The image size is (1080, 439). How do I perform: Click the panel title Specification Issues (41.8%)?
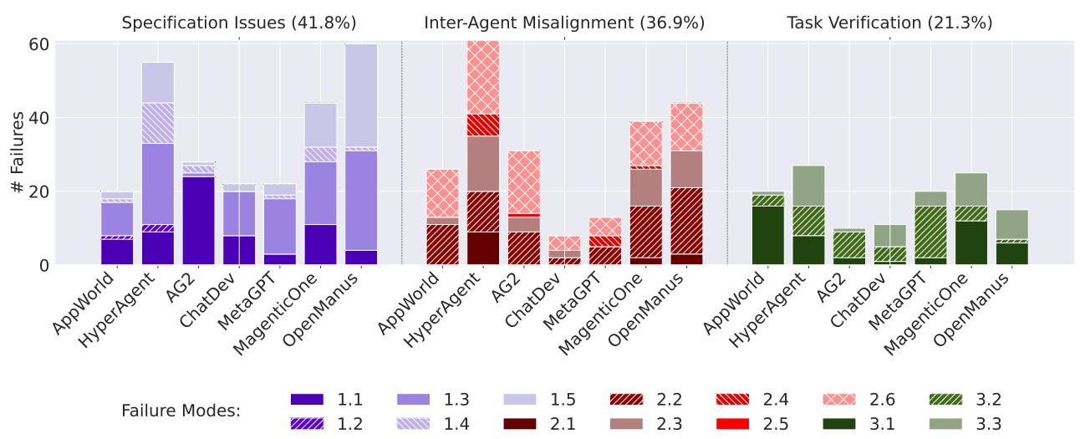239,23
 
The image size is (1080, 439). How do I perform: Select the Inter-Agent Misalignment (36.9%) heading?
564,23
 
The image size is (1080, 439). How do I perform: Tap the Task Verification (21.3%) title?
889,23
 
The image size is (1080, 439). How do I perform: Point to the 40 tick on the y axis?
38,118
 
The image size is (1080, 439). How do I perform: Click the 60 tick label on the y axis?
38,44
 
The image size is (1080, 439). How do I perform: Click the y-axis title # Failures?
18,152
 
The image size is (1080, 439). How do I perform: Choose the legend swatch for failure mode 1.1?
307,400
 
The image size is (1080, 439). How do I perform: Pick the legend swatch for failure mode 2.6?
839,400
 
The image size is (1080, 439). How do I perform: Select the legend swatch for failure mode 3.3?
945,424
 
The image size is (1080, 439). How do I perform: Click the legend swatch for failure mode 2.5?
733,424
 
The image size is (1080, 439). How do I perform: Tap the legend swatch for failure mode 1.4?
413,424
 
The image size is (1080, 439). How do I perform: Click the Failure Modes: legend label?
181,411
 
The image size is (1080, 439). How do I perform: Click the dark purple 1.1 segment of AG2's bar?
199,221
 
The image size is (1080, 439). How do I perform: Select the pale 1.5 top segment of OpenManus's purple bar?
361,96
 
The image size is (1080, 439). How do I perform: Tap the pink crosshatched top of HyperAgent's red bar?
483,78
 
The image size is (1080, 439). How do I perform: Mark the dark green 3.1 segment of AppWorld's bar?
768,236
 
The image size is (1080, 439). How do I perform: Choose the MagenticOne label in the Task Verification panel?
925,314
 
